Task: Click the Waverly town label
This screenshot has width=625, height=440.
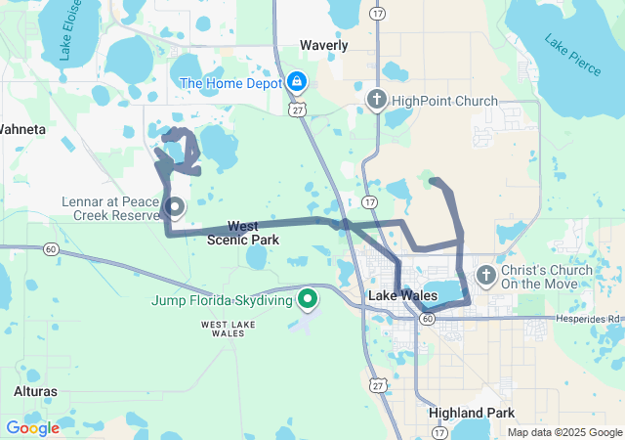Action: pos(323,45)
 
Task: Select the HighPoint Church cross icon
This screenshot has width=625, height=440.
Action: pos(377,100)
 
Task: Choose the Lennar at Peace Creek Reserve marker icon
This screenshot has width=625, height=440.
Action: pos(174,205)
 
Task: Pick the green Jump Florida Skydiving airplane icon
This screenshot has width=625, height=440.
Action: pos(309,299)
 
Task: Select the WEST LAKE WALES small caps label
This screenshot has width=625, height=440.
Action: pos(229,328)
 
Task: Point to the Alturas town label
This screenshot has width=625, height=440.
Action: pos(35,391)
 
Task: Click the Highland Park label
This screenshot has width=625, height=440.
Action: pos(472,413)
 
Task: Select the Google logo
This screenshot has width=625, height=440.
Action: pos(32,427)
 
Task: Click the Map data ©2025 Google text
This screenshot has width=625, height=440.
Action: pos(563,432)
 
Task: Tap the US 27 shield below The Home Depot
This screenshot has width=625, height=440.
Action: pos(296,110)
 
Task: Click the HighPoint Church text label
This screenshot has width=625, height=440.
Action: pos(444,101)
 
